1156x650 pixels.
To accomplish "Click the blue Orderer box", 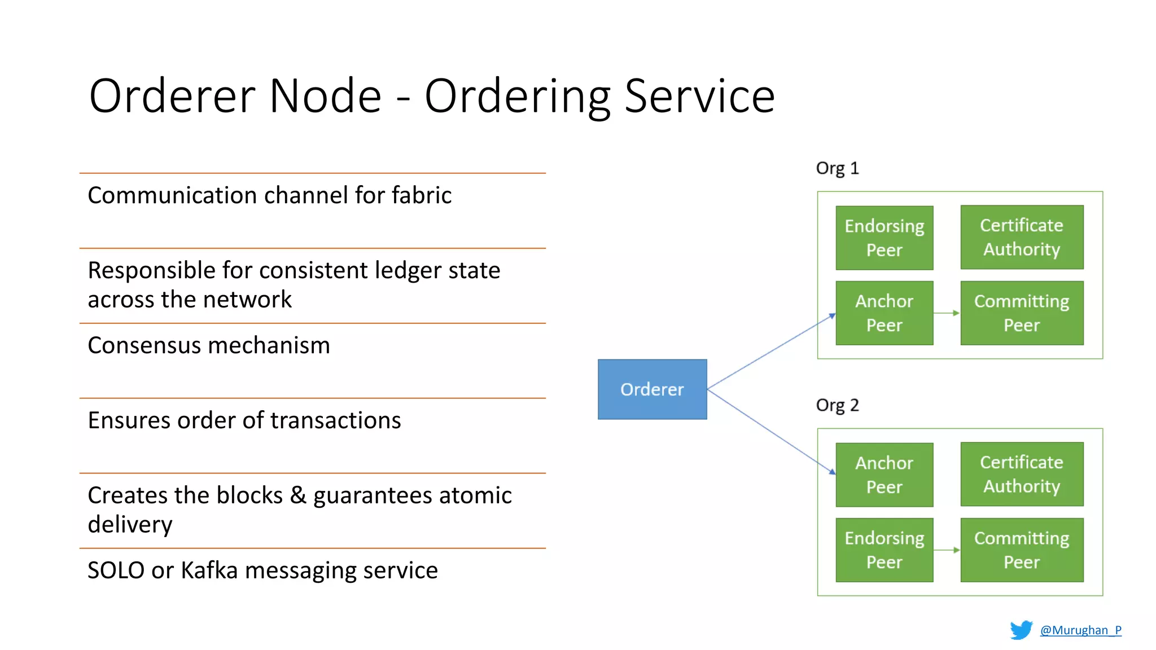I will click(x=652, y=389).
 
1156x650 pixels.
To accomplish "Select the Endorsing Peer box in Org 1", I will click(x=884, y=238).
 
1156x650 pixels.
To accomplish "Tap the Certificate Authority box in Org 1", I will click(x=1022, y=237).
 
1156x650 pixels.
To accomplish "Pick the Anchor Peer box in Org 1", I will click(x=884, y=313).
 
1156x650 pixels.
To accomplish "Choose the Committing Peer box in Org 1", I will click(x=1022, y=313).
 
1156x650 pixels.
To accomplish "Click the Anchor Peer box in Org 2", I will click(x=884, y=475).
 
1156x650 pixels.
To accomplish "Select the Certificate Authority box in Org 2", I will click(x=1022, y=474).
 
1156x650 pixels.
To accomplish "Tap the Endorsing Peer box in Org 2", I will click(x=884, y=550).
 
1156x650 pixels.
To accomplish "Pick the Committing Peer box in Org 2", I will click(x=1022, y=550).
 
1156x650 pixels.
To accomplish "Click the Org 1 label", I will click(x=837, y=168).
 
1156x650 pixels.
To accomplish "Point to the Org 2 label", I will click(x=837, y=405).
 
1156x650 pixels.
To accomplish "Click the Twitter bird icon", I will click(x=1021, y=630).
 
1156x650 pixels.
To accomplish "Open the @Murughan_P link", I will click(x=1080, y=630).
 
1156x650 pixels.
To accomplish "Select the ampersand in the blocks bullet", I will click(x=297, y=495).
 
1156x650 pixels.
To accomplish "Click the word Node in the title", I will click(x=325, y=96).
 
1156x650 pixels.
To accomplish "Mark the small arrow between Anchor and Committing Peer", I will click(x=947, y=313).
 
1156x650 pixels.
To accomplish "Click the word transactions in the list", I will click(x=335, y=420).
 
